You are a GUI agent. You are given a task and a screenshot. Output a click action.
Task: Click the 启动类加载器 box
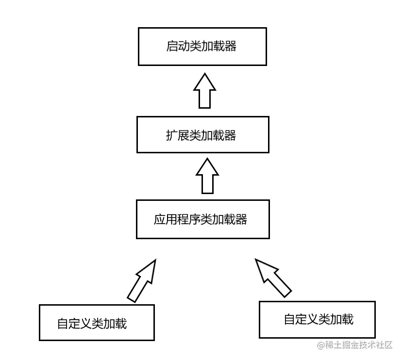coord(202,47)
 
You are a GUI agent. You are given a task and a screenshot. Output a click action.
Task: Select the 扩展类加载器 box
coord(202,134)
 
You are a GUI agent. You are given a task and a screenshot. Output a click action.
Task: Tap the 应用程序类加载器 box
coord(202,219)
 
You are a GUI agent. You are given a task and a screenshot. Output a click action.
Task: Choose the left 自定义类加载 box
coord(97,322)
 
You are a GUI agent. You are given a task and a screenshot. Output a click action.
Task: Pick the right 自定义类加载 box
coord(318,319)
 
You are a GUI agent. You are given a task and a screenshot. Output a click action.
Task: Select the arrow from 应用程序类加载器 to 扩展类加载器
coord(207,176)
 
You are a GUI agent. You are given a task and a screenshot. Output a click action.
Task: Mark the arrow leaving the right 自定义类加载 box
coord(273,277)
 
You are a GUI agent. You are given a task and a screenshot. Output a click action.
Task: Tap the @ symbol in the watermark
coord(321,345)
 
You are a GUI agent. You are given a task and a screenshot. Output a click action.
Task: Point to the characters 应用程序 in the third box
coord(171,219)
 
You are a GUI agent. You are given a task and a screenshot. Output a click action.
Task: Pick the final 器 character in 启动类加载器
coord(231,47)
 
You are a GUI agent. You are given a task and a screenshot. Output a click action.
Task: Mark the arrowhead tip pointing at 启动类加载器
coord(204,75)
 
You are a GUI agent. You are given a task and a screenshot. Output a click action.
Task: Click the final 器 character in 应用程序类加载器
coord(241,219)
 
